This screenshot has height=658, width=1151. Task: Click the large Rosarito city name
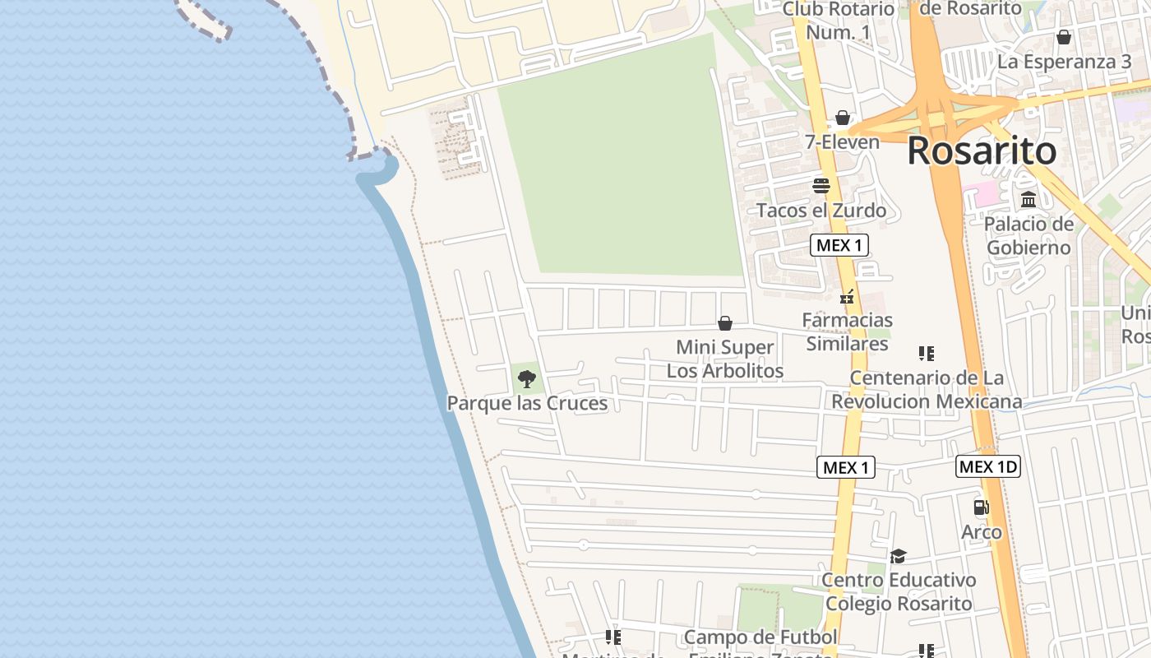982,151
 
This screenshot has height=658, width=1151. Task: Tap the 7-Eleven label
842,142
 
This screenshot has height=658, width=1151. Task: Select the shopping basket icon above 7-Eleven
842,118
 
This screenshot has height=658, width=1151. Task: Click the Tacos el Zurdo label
821,211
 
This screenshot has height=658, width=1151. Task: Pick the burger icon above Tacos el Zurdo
820,186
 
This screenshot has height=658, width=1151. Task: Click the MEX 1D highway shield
988,467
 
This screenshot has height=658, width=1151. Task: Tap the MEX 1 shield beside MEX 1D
846,468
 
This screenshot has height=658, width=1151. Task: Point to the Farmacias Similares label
847,331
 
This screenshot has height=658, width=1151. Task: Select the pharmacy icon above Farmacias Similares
847,298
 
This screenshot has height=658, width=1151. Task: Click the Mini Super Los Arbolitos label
725,359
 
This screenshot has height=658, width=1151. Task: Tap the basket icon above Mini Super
725,323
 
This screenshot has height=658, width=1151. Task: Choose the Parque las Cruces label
527,403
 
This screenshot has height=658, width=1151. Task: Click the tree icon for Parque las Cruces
527,379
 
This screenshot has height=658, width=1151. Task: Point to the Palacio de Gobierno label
1029,235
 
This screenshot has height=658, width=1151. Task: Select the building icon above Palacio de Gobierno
1029,200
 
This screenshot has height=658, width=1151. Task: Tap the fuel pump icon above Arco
981,507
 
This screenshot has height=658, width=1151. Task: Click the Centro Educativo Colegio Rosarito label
899,592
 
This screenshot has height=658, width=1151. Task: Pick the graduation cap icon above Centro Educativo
898,557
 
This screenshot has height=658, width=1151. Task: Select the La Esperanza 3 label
1064,62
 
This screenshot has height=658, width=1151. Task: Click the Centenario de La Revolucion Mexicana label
927,390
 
